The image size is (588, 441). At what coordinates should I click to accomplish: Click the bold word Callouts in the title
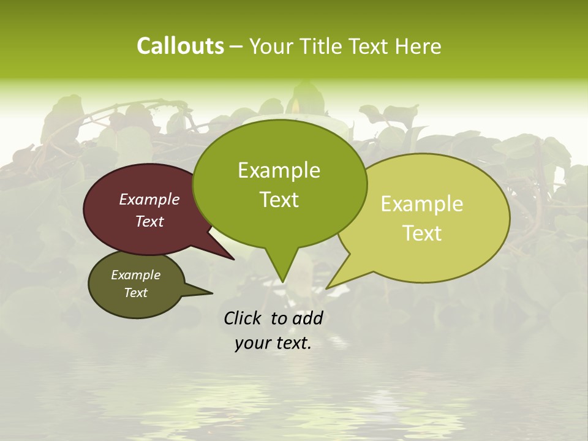pyautogui.click(x=180, y=46)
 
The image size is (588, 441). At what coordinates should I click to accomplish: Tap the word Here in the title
pyautogui.click(x=418, y=46)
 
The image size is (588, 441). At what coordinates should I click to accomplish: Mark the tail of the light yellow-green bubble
pyautogui.click(x=334, y=282)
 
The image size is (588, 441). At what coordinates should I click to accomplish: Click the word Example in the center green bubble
pyautogui.click(x=279, y=170)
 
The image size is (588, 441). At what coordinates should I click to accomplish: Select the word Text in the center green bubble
pyautogui.click(x=279, y=200)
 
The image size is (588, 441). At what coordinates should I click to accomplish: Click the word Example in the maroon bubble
pyautogui.click(x=149, y=199)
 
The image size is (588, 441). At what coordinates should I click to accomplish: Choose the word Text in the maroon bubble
pyautogui.click(x=149, y=221)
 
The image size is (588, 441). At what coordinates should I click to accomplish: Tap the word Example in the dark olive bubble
pyautogui.click(x=135, y=275)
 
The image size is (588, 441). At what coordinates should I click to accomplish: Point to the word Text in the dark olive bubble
pyautogui.click(x=135, y=293)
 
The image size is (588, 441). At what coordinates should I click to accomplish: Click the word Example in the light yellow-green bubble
pyautogui.click(x=422, y=204)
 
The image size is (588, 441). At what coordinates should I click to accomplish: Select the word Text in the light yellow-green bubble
pyautogui.click(x=422, y=233)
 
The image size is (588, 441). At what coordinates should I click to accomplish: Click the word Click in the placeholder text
pyautogui.click(x=243, y=318)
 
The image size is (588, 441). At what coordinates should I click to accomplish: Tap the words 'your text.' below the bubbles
pyautogui.click(x=273, y=343)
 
